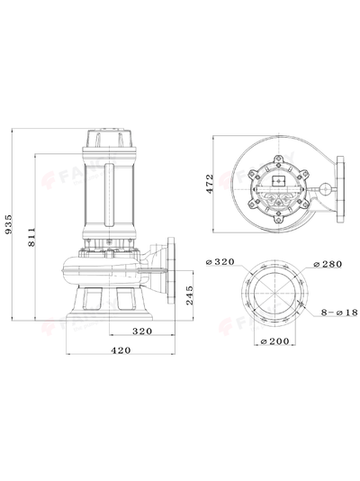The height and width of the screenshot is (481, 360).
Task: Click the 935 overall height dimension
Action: [x=10, y=224]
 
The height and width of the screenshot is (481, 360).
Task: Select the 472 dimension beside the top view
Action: [x=209, y=186]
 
